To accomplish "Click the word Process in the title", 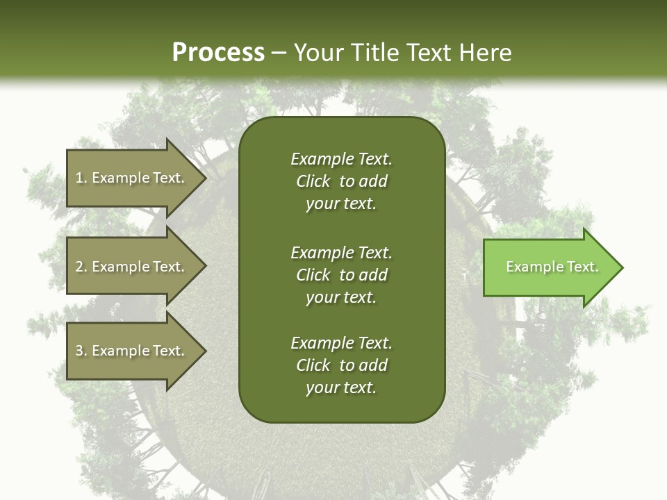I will coord(218,53).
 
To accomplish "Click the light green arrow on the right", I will coord(549,267).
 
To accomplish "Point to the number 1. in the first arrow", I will coord(81,178).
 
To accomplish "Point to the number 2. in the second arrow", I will coord(81,267).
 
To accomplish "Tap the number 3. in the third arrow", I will coord(81,351).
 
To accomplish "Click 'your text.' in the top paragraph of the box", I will coord(341,203).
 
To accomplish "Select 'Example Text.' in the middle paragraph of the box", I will coord(341,252).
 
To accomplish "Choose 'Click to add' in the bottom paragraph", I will coord(341,365).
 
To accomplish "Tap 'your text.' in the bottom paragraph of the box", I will coord(341,387).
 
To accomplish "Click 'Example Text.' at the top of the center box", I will coord(341,159).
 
